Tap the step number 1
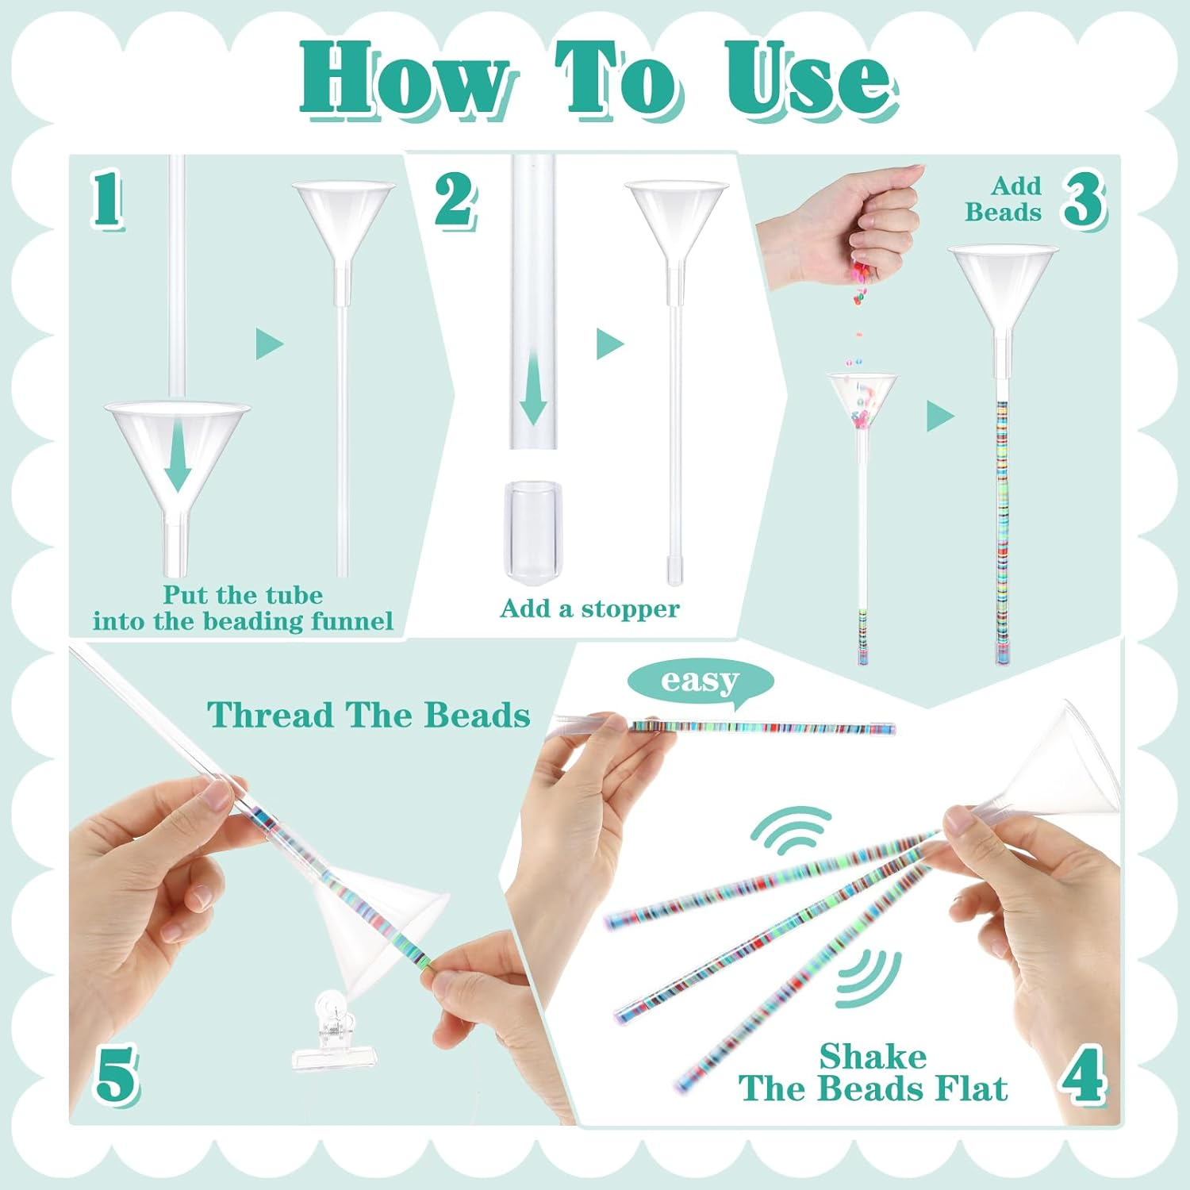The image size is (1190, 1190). [x=107, y=200]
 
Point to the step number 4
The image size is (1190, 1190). [x=1084, y=1077]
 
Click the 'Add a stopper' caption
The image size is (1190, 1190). [x=589, y=608]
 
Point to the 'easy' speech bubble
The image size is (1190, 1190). [x=699, y=681]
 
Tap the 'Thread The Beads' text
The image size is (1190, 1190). [x=369, y=716]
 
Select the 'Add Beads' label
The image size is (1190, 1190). [x=1004, y=199]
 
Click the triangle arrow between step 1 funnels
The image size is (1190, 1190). [x=269, y=344]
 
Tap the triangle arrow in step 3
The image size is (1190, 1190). [x=939, y=416]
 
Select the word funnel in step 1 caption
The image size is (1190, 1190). [x=351, y=621]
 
